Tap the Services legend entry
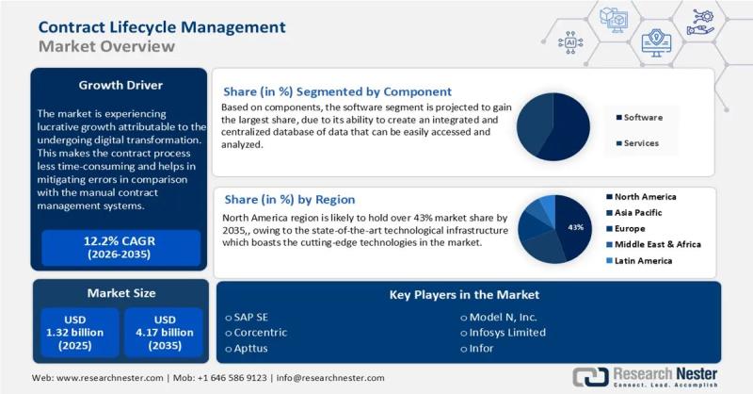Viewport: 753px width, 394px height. [x=640, y=143]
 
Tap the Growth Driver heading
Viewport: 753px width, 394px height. [x=119, y=85]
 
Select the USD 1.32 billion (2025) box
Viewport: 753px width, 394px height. [x=79, y=332]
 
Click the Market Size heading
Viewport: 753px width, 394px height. [x=119, y=293]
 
